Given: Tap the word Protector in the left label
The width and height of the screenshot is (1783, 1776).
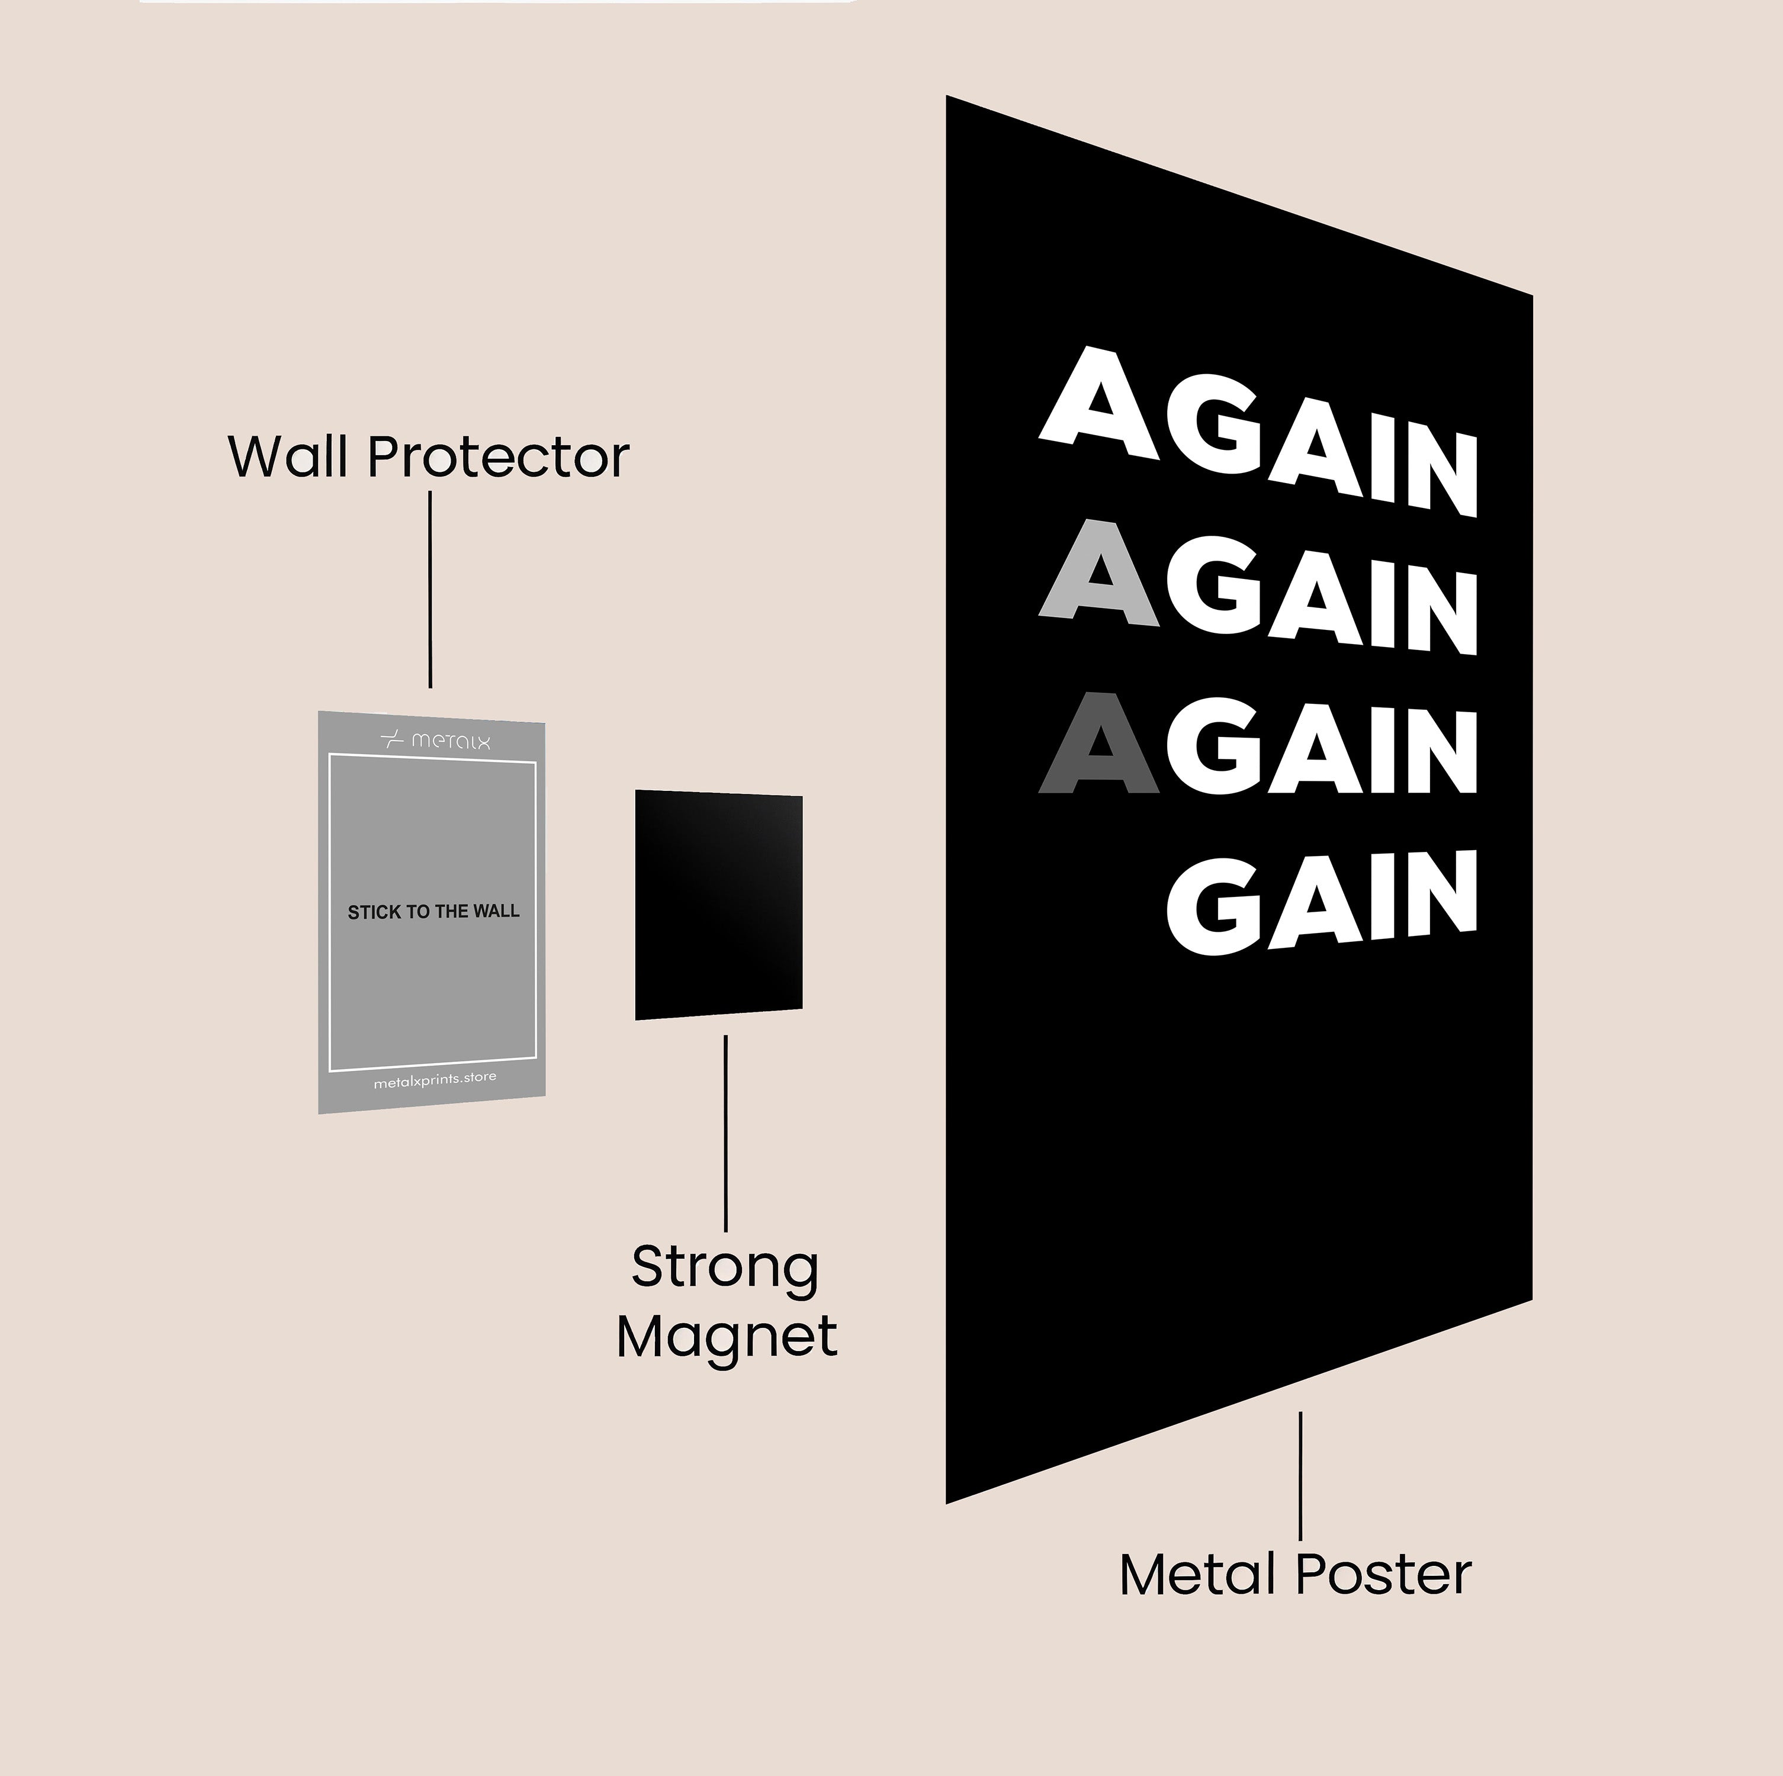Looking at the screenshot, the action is pos(499,456).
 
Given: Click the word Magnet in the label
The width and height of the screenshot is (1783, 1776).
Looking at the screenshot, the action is pos(727,1336).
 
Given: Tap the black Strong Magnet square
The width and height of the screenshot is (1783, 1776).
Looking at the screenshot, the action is pos(719,904).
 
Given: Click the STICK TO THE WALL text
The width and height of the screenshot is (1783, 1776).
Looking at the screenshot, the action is pos(433,912).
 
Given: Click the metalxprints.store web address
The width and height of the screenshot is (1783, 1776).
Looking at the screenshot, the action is pos(435,1079).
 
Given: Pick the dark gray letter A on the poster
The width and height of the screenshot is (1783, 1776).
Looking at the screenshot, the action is pos(1099,744).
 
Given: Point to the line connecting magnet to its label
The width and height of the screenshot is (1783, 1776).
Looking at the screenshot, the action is pos(725,1133).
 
